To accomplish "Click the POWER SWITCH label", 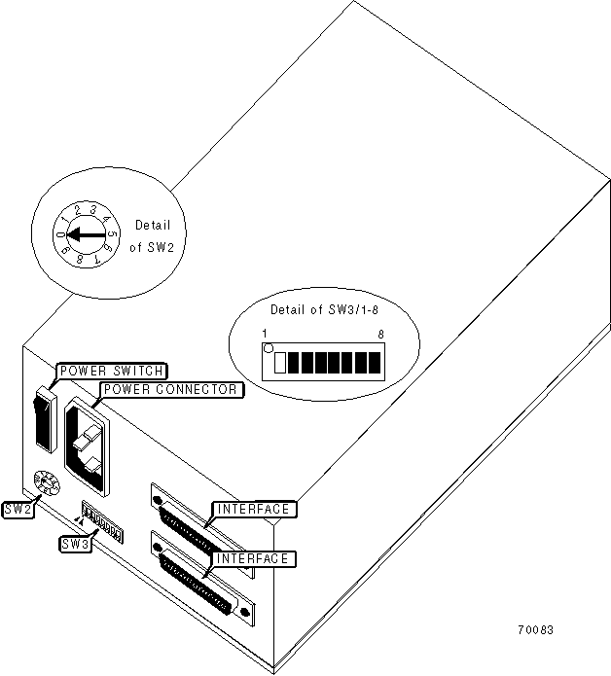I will pyautogui.click(x=112, y=371).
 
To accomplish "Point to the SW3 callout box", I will pyautogui.click(x=75, y=545).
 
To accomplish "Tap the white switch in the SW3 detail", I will pyautogui.click(x=281, y=363).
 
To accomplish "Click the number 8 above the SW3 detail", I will pyautogui.click(x=381, y=334).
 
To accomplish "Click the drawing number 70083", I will pyautogui.click(x=535, y=629).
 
